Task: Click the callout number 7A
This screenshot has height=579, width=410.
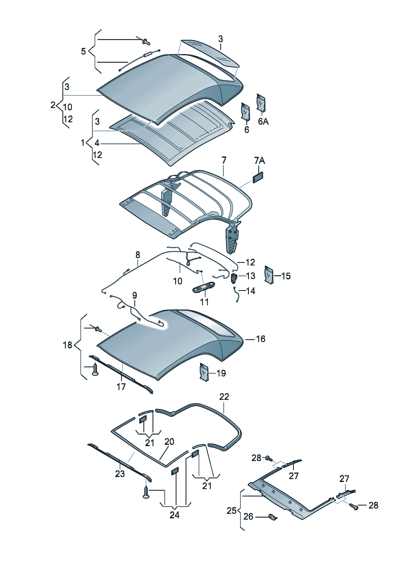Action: click(260, 161)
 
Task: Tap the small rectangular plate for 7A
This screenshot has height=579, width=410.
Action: click(258, 177)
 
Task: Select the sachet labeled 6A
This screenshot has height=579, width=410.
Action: click(261, 103)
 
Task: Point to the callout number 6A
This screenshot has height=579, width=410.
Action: click(263, 121)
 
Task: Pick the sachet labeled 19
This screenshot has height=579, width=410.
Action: click(204, 373)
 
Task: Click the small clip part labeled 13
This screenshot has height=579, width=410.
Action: click(234, 278)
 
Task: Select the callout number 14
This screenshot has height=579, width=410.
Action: click(250, 291)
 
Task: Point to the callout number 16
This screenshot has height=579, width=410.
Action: click(260, 339)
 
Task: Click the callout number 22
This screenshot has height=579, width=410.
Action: click(224, 397)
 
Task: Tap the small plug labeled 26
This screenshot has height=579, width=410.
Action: click(272, 522)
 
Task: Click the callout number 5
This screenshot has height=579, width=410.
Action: click(83, 52)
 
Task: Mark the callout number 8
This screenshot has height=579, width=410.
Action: click(138, 255)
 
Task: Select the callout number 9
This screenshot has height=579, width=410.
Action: click(135, 295)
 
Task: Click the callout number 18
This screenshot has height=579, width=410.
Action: click(67, 345)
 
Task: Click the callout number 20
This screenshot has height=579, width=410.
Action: click(169, 442)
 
